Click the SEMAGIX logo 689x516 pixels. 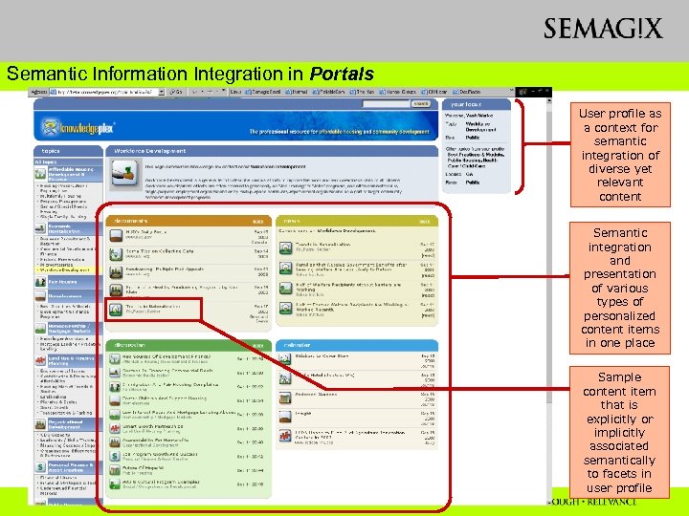pyautogui.click(x=602, y=28)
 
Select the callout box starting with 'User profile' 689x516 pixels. pyautogui.click(x=619, y=154)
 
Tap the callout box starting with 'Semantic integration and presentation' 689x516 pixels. pyautogui.click(x=619, y=287)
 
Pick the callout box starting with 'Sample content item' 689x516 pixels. pyautogui.click(x=619, y=433)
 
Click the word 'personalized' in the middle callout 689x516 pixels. pyautogui.click(x=619, y=314)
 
